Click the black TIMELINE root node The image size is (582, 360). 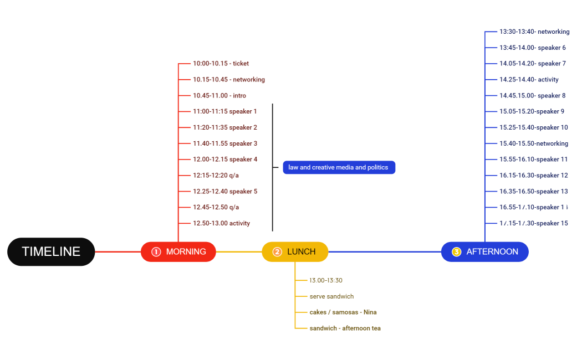51,251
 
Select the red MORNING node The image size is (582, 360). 178,251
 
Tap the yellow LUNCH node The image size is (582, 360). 295,251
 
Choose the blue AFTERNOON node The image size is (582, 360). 485,251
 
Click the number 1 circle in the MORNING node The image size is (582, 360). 156,252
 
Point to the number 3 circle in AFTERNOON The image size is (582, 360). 456,252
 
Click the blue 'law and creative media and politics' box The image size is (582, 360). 339,167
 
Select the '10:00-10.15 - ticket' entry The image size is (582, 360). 221,64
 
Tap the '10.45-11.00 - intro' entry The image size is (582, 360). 219,96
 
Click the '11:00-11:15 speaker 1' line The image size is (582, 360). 224,111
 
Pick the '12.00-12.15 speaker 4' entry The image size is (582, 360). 225,160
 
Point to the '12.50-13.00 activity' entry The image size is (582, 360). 221,223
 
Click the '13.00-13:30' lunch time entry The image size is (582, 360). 326,280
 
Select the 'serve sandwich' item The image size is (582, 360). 331,296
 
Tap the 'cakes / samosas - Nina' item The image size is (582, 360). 343,312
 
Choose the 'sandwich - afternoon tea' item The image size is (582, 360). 345,328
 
